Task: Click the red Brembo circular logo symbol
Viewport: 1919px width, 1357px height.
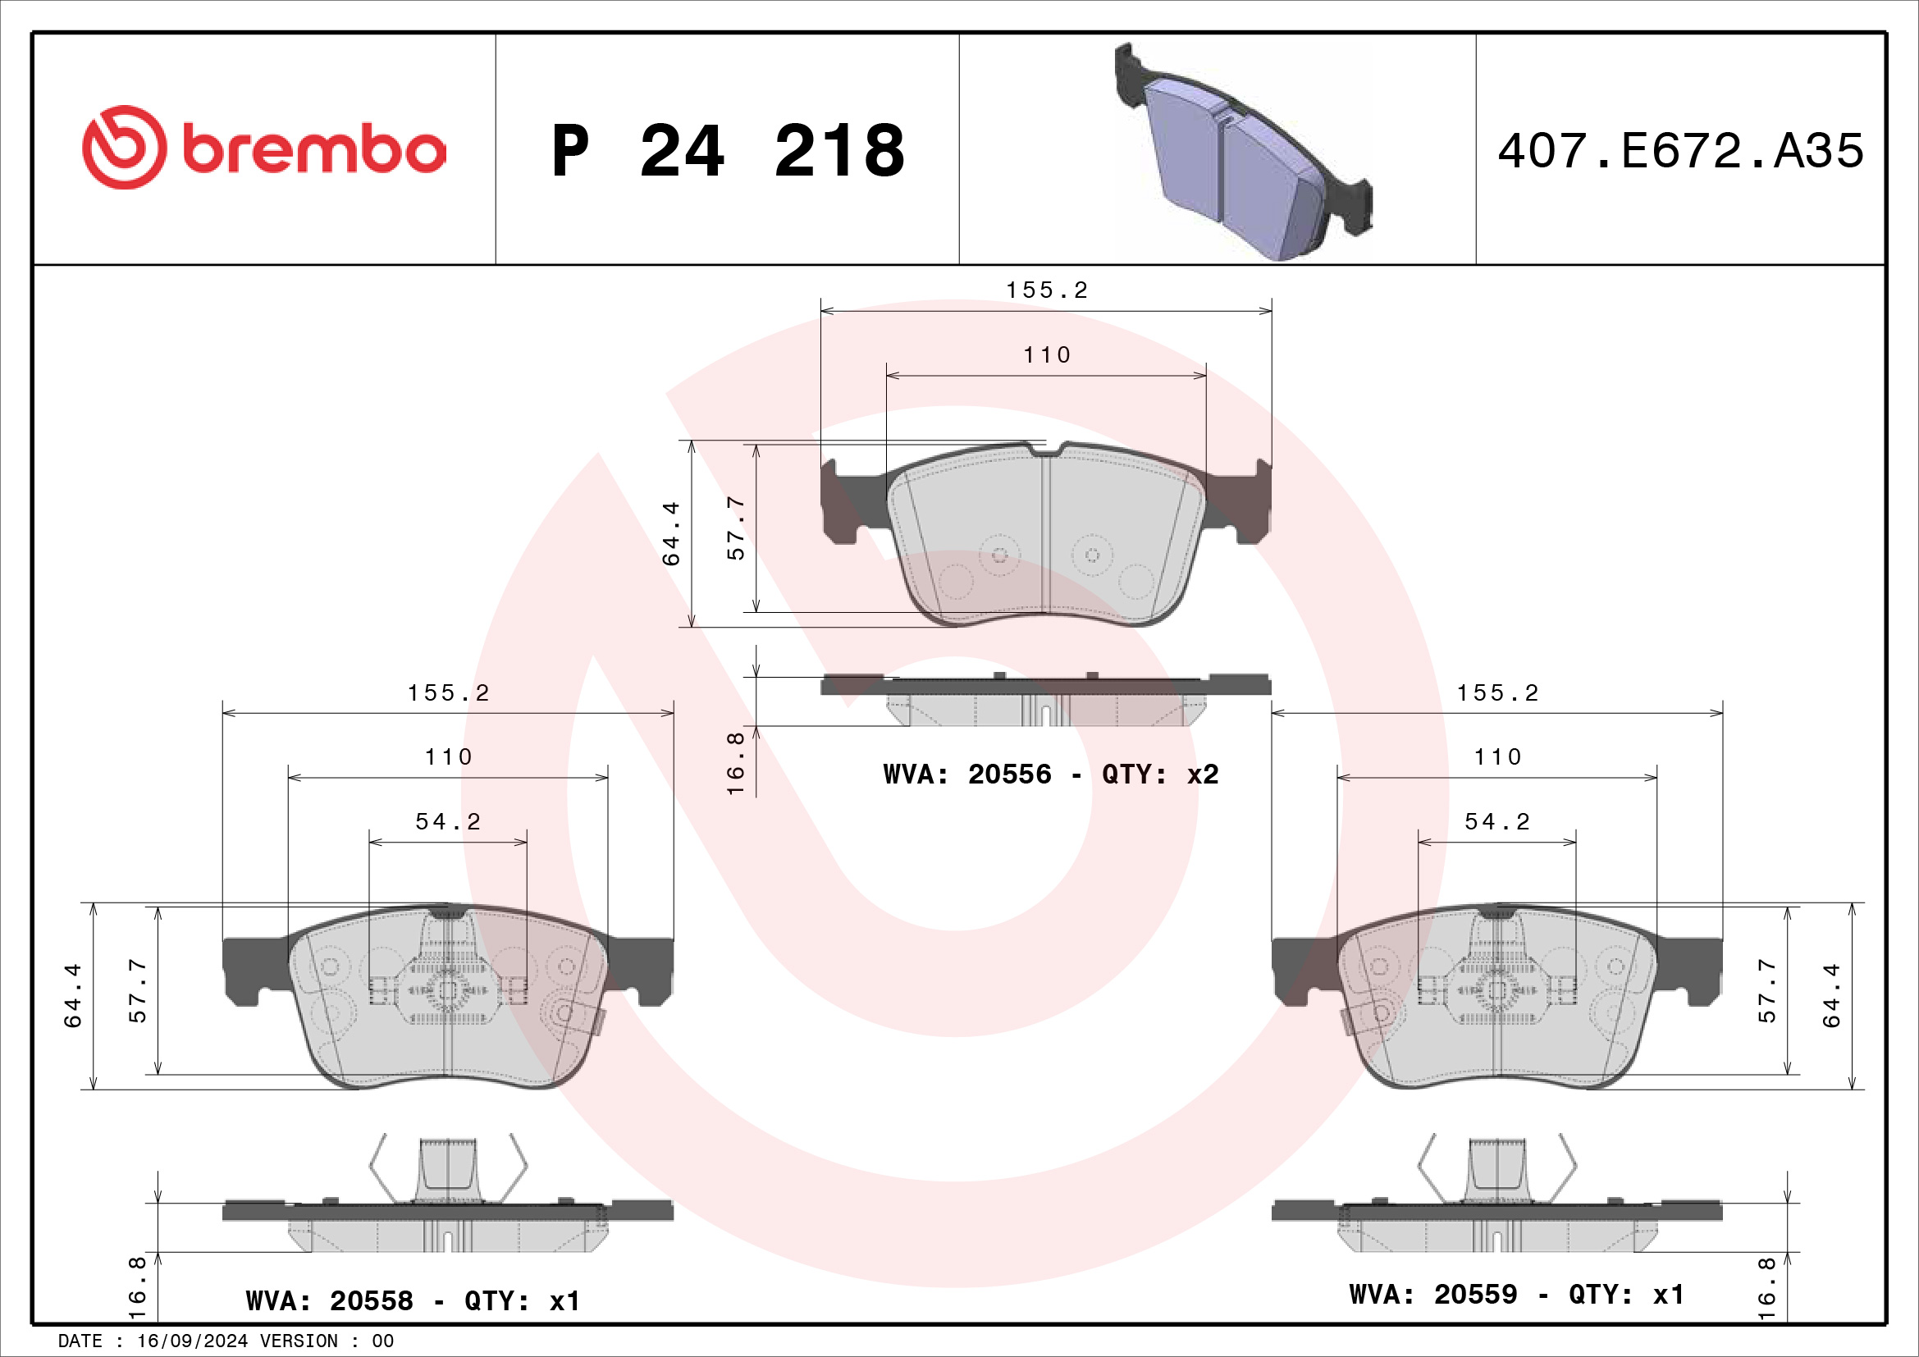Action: [x=124, y=147]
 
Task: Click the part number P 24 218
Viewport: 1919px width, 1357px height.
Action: [x=728, y=151]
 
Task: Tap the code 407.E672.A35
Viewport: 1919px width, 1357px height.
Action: [x=1680, y=151]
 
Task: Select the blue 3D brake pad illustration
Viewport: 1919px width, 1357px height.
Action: [x=1243, y=151]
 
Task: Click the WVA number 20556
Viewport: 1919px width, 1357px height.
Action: [x=1010, y=774]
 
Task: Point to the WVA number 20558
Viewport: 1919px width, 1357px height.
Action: [x=371, y=1300]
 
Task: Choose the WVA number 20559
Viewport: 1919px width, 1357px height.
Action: [x=1475, y=1294]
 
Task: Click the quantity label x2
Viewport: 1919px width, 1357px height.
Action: [x=1203, y=774]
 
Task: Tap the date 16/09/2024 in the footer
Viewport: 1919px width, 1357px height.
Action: [x=192, y=1341]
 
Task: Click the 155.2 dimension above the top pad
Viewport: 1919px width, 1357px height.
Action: [x=1046, y=290]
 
